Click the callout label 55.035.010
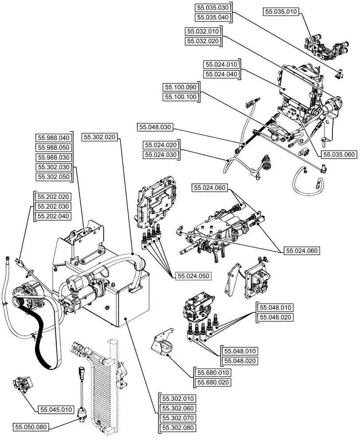point(281,12)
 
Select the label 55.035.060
point(339,154)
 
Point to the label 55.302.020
point(100,138)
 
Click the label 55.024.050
point(193,276)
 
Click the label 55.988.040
point(54,138)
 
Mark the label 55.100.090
point(180,87)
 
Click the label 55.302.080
point(176,428)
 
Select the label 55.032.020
point(203,41)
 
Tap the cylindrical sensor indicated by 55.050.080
point(82,412)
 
